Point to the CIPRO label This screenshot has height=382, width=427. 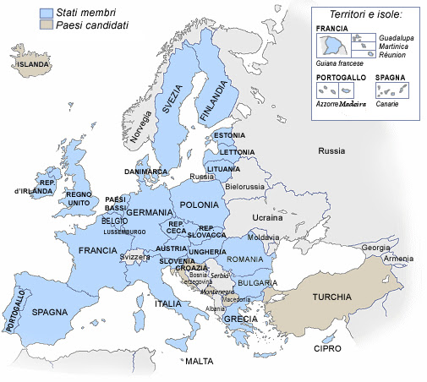[x=326, y=348]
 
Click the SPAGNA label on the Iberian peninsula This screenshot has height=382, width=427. [x=50, y=312]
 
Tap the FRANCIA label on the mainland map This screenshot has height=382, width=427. [x=97, y=251]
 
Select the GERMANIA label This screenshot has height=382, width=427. [x=151, y=212]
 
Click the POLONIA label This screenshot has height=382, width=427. [x=200, y=205]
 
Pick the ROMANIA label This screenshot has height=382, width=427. [x=246, y=259]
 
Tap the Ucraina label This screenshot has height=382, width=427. [x=268, y=217]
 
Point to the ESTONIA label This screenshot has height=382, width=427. [x=229, y=135]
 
